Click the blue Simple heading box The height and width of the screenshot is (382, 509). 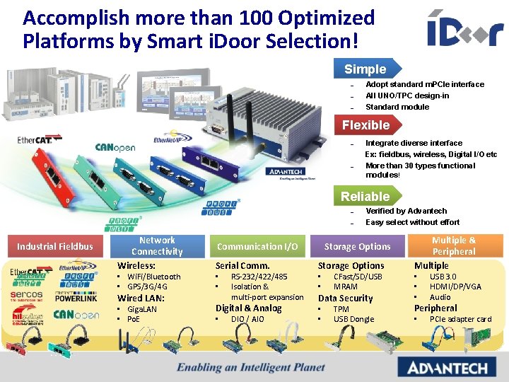click(x=365, y=69)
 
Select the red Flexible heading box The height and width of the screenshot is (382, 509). click(x=365, y=125)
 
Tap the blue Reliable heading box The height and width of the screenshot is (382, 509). click(x=365, y=196)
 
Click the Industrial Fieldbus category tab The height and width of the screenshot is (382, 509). click(x=55, y=246)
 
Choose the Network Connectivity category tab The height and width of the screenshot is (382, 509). click(x=157, y=246)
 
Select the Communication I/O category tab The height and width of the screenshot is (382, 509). click(x=257, y=246)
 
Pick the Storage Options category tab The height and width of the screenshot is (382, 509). click(x=357, y=246)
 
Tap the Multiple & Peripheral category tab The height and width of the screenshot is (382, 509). click(x=454, y=246)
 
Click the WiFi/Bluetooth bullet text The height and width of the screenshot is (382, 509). click(x=153, y=277)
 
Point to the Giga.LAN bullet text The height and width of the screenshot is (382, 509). click(x=141, y=309)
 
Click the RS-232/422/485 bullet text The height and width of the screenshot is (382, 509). click(x=259, y=277)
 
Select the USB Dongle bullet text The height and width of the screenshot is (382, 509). click(x=353, y=319)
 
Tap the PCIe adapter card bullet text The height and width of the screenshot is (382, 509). click(x=460, y=319)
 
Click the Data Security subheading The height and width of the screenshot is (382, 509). click(x=345, y=298)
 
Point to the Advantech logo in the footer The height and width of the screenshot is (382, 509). click(x=443, y=367)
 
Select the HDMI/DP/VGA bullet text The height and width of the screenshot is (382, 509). click(x=455, y=286)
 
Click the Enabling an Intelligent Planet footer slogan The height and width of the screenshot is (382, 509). click(x=251, y=367)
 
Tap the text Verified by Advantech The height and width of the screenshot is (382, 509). click(x=406, y=211)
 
